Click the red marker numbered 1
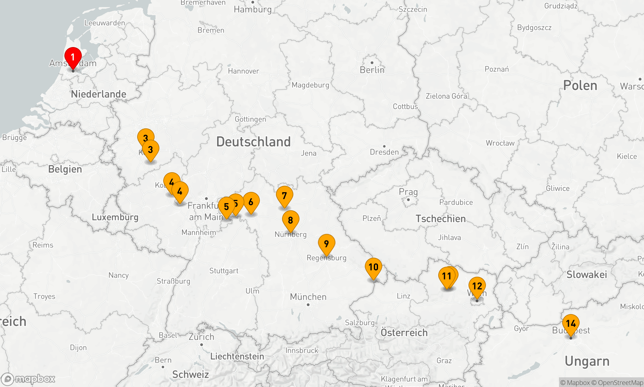tap(73, 57)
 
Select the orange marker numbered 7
tap(284, 195)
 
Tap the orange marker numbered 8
tap(290, 220)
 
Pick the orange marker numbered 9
tap(326, 243)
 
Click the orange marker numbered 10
tap(373, 267)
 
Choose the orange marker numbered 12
tap(477, 286)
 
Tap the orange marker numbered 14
tap(571, 323)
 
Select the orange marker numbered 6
tap(251, 202)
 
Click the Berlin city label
tap(372, 70)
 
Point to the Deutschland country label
tap(253, 142)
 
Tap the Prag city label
tap(408, 192)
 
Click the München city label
tap(308, 297)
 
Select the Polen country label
tap(580, 85)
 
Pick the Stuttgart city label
tap(224, 271)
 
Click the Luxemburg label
tap(115, 217)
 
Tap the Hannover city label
tap(243, 71)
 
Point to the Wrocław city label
tap(500, 143)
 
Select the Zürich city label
tap(201, 337)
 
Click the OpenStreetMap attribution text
tap(620, 383)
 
